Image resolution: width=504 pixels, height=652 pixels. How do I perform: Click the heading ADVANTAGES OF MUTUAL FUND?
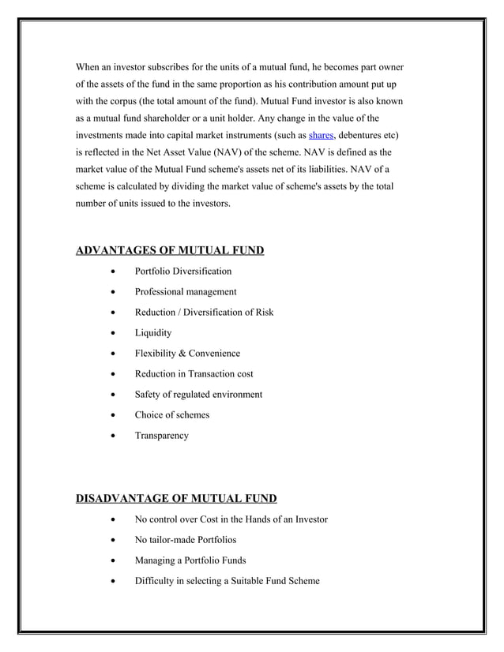[169, 251]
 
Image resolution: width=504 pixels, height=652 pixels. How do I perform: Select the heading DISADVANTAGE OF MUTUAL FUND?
[175, 498]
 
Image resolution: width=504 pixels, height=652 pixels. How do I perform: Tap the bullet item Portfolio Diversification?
[182, 272]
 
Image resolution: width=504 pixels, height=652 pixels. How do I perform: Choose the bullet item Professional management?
[185, 292]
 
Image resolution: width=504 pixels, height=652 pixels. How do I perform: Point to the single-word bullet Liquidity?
[152, 333]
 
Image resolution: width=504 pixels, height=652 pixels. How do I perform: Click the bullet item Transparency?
[161, 436]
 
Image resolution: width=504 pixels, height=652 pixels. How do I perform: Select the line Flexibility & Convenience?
[186, 354]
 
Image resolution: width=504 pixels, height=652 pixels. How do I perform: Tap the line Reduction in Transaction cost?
[194, 374]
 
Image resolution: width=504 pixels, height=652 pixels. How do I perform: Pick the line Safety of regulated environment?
[197, 395]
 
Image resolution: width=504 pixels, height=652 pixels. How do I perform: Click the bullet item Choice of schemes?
[171, 415]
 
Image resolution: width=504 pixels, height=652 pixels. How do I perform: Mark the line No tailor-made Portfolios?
[185, 540]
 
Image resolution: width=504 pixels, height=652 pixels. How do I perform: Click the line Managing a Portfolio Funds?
[190, 560]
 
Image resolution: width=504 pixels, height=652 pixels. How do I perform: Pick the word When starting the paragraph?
[89, 66]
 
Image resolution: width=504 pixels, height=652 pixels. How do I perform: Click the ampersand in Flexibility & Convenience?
[183, 354]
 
